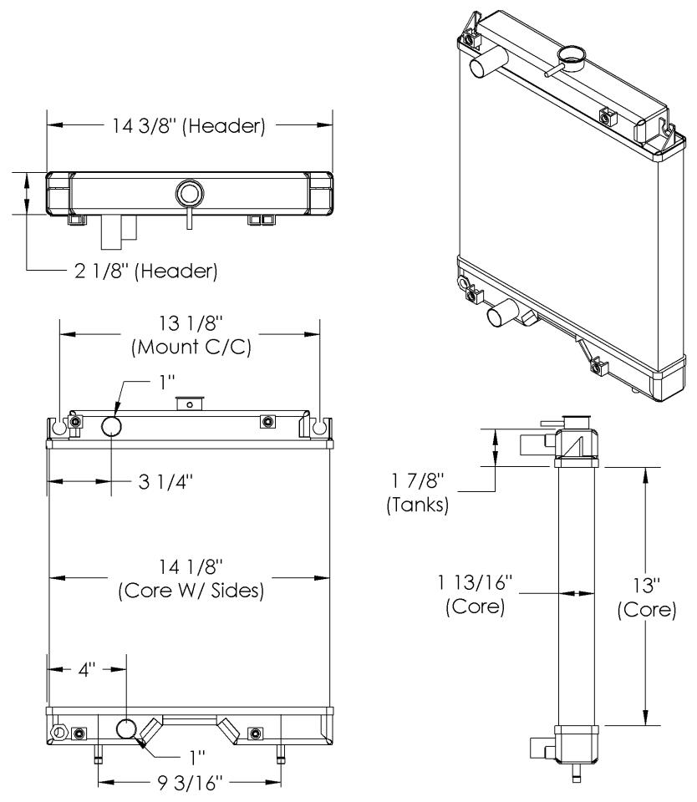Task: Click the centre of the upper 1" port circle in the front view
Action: [111, 425]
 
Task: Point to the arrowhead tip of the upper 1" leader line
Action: [114, 415]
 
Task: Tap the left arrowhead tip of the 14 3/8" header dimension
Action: [48, 124]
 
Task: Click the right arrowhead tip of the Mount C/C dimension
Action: [320, 334]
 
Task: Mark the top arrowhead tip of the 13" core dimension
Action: [646, 468]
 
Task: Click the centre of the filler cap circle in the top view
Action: [190, 194]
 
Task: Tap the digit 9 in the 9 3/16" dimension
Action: [163, 784]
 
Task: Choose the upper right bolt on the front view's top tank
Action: [266, 421]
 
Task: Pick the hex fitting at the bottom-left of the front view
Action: [58, 732]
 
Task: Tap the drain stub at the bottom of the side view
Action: [576, 773]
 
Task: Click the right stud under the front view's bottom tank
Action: [281, 754]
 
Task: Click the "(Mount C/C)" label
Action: [191, 348]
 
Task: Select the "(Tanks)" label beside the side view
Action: [418, 505]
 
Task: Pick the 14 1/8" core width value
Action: [191, 566]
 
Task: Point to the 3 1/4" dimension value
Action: [165, 481]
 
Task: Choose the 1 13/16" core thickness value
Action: [475, 582]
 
